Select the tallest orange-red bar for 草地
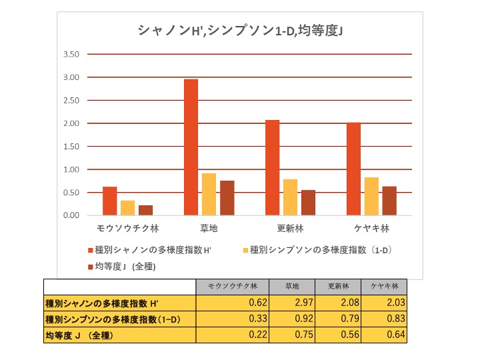click(x=191, y=147)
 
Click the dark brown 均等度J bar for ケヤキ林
click(x=390, y=201)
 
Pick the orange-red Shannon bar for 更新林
click(x=272, y=168)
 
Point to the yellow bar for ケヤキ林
click(x=372, y=196)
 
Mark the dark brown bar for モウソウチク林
click(x=146, y=210)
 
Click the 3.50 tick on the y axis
click(x=70, y=55)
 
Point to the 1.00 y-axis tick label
click(x=70, y=169)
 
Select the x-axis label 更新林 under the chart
click(x=290, y=228)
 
